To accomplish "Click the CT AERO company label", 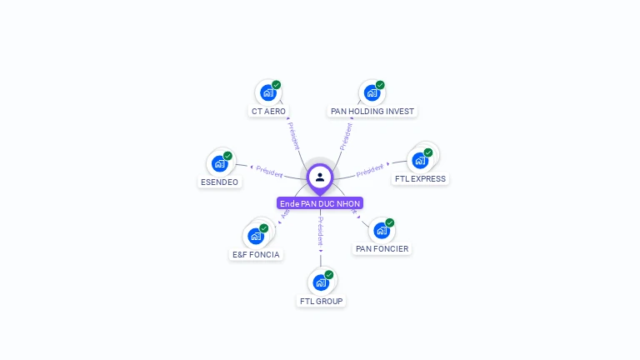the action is tap(268, 111).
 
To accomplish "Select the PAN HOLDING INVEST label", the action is tap(372, 111).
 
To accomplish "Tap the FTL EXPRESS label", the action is tap(420, 178).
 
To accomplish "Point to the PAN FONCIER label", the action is tap(382, 248).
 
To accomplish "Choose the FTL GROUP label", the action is tap(321, 301).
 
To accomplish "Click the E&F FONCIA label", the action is tap(256, 254).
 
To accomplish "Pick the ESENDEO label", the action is tap(219, 182).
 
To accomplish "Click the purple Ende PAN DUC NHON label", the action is tap(320, 203).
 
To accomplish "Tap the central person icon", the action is tap(320, 177).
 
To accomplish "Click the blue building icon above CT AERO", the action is tap(267, 92).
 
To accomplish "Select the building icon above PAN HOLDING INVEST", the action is tap(371, 92).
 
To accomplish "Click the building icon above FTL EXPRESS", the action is tap(419, 160).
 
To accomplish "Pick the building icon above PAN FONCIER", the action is tap(381, 230).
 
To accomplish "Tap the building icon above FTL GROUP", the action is tap(320, 282).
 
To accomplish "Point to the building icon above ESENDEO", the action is tap(219, 163).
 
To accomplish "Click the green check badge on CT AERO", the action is tap(277, 85).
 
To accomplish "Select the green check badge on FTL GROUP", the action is tap(329, 275).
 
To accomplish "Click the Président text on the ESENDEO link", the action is tap(269, 170).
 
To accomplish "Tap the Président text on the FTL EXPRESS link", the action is tap(370, 171).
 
